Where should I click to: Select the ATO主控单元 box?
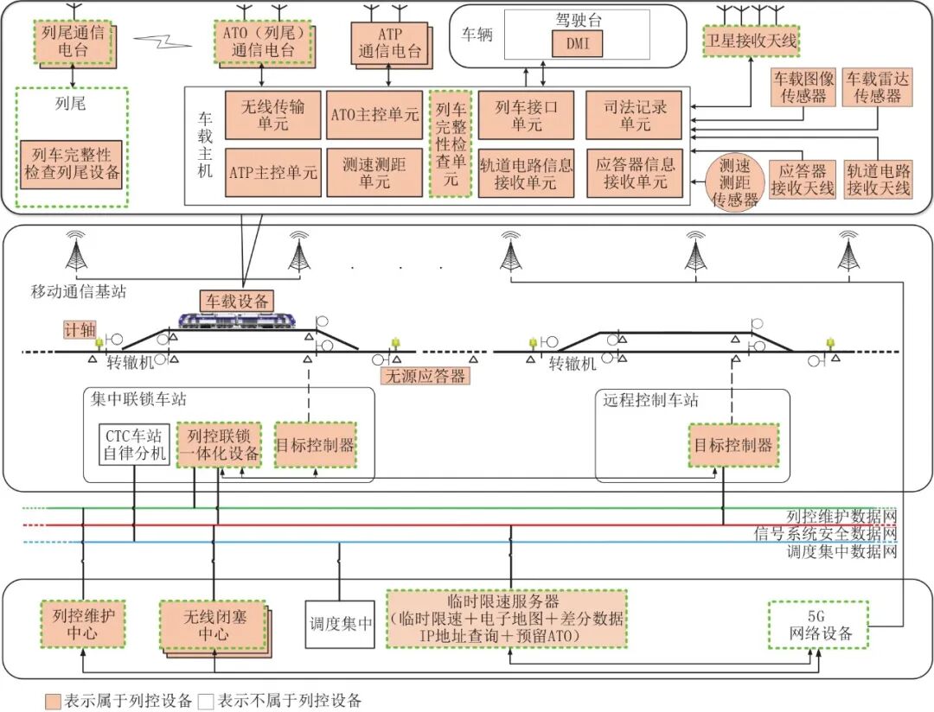click(x=374, y=115)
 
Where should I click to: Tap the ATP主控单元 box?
click(x=273, y=172)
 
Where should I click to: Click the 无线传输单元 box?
click(x=273, y=115)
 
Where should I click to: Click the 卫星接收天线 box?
click(x=751, y=41)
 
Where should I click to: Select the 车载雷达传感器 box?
click(x=878, y=87)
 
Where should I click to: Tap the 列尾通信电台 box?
click(x=77, y=41)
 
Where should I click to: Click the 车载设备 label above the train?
click(x=236, y=301)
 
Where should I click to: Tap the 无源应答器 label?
click(x=425, y=376)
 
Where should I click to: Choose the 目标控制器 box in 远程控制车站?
click(x=734, y=445)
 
